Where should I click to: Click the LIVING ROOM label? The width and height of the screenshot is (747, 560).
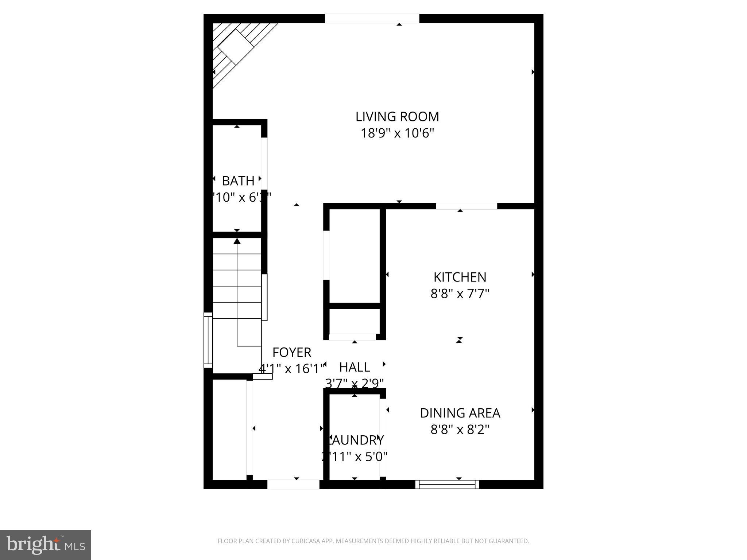coord(397,117)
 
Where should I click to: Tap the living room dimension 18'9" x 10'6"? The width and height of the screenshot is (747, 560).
coord(397,133)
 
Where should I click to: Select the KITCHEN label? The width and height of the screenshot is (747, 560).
coord(460,277)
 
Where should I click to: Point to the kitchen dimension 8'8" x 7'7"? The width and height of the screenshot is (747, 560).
coord(460,293)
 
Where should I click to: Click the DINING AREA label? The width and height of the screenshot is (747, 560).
coord(460,413)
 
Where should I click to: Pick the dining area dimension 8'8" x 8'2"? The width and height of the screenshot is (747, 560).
coord(460,429)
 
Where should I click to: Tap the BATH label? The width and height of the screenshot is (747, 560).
coord(238,181)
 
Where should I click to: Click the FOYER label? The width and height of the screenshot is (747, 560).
coord(292,353)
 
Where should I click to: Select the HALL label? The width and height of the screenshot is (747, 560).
coord(355,367)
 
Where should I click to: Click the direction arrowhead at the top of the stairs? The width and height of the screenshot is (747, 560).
coord(237,241)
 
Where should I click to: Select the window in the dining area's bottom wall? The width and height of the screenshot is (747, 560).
coord(447,484)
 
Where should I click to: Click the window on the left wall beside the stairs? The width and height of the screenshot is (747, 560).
coord(208,340)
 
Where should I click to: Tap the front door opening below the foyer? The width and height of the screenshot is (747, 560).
coord(294,484)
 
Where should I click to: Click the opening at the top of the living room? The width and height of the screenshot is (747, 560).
coord(372,19)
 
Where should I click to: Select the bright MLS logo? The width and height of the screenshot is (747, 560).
coord(46,545)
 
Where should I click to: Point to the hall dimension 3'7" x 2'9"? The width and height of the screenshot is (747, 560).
coord(355,384)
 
